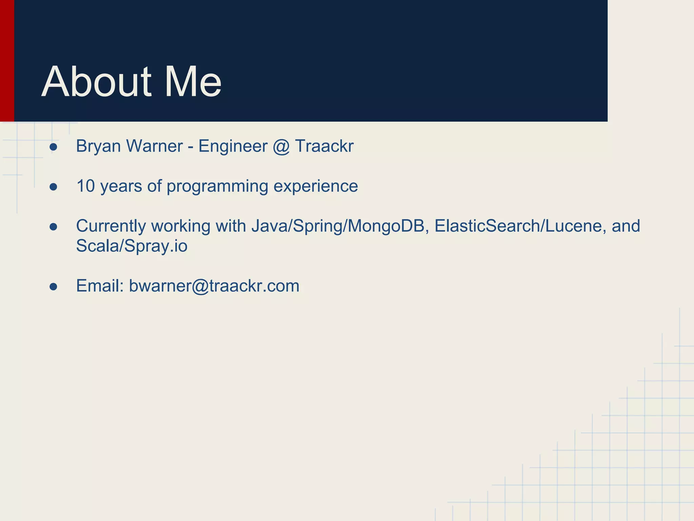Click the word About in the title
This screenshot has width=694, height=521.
[97, 82]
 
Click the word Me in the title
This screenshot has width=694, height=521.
[193, 82]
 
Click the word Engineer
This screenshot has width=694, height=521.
[233, 147]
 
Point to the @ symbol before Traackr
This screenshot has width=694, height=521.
[281, 147]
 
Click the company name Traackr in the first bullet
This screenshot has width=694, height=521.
[324, 147]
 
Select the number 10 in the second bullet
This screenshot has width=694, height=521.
[85, 186]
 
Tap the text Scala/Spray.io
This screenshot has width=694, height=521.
[131, 246]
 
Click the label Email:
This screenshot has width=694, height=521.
[100, 286]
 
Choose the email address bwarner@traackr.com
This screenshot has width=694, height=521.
[214, 286]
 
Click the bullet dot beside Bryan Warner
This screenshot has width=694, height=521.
[53, 147]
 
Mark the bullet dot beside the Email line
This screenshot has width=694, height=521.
[53, 287]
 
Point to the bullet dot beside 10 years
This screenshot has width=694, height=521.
[53, 187]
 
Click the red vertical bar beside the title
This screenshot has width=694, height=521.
[7, 61]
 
